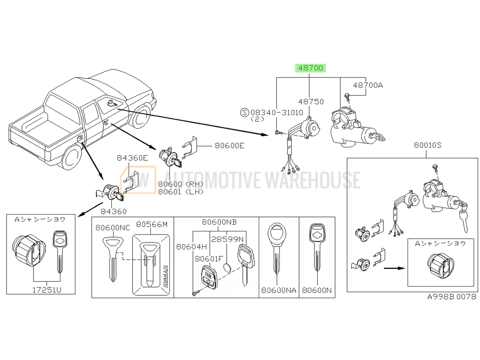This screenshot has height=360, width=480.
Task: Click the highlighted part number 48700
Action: point(311,68)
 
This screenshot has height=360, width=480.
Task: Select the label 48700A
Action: point(368,85)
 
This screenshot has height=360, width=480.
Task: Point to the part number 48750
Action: point(311,102)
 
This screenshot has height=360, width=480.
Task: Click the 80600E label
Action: point(229,145)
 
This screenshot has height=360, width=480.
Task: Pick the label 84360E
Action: point(132,158)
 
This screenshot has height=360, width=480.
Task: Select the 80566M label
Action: point(152,224)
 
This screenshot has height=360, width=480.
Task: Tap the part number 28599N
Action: point(228,239)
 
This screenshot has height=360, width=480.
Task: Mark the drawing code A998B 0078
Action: point(451,297)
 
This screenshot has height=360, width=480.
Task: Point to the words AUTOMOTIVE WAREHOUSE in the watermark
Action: point(262,180)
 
